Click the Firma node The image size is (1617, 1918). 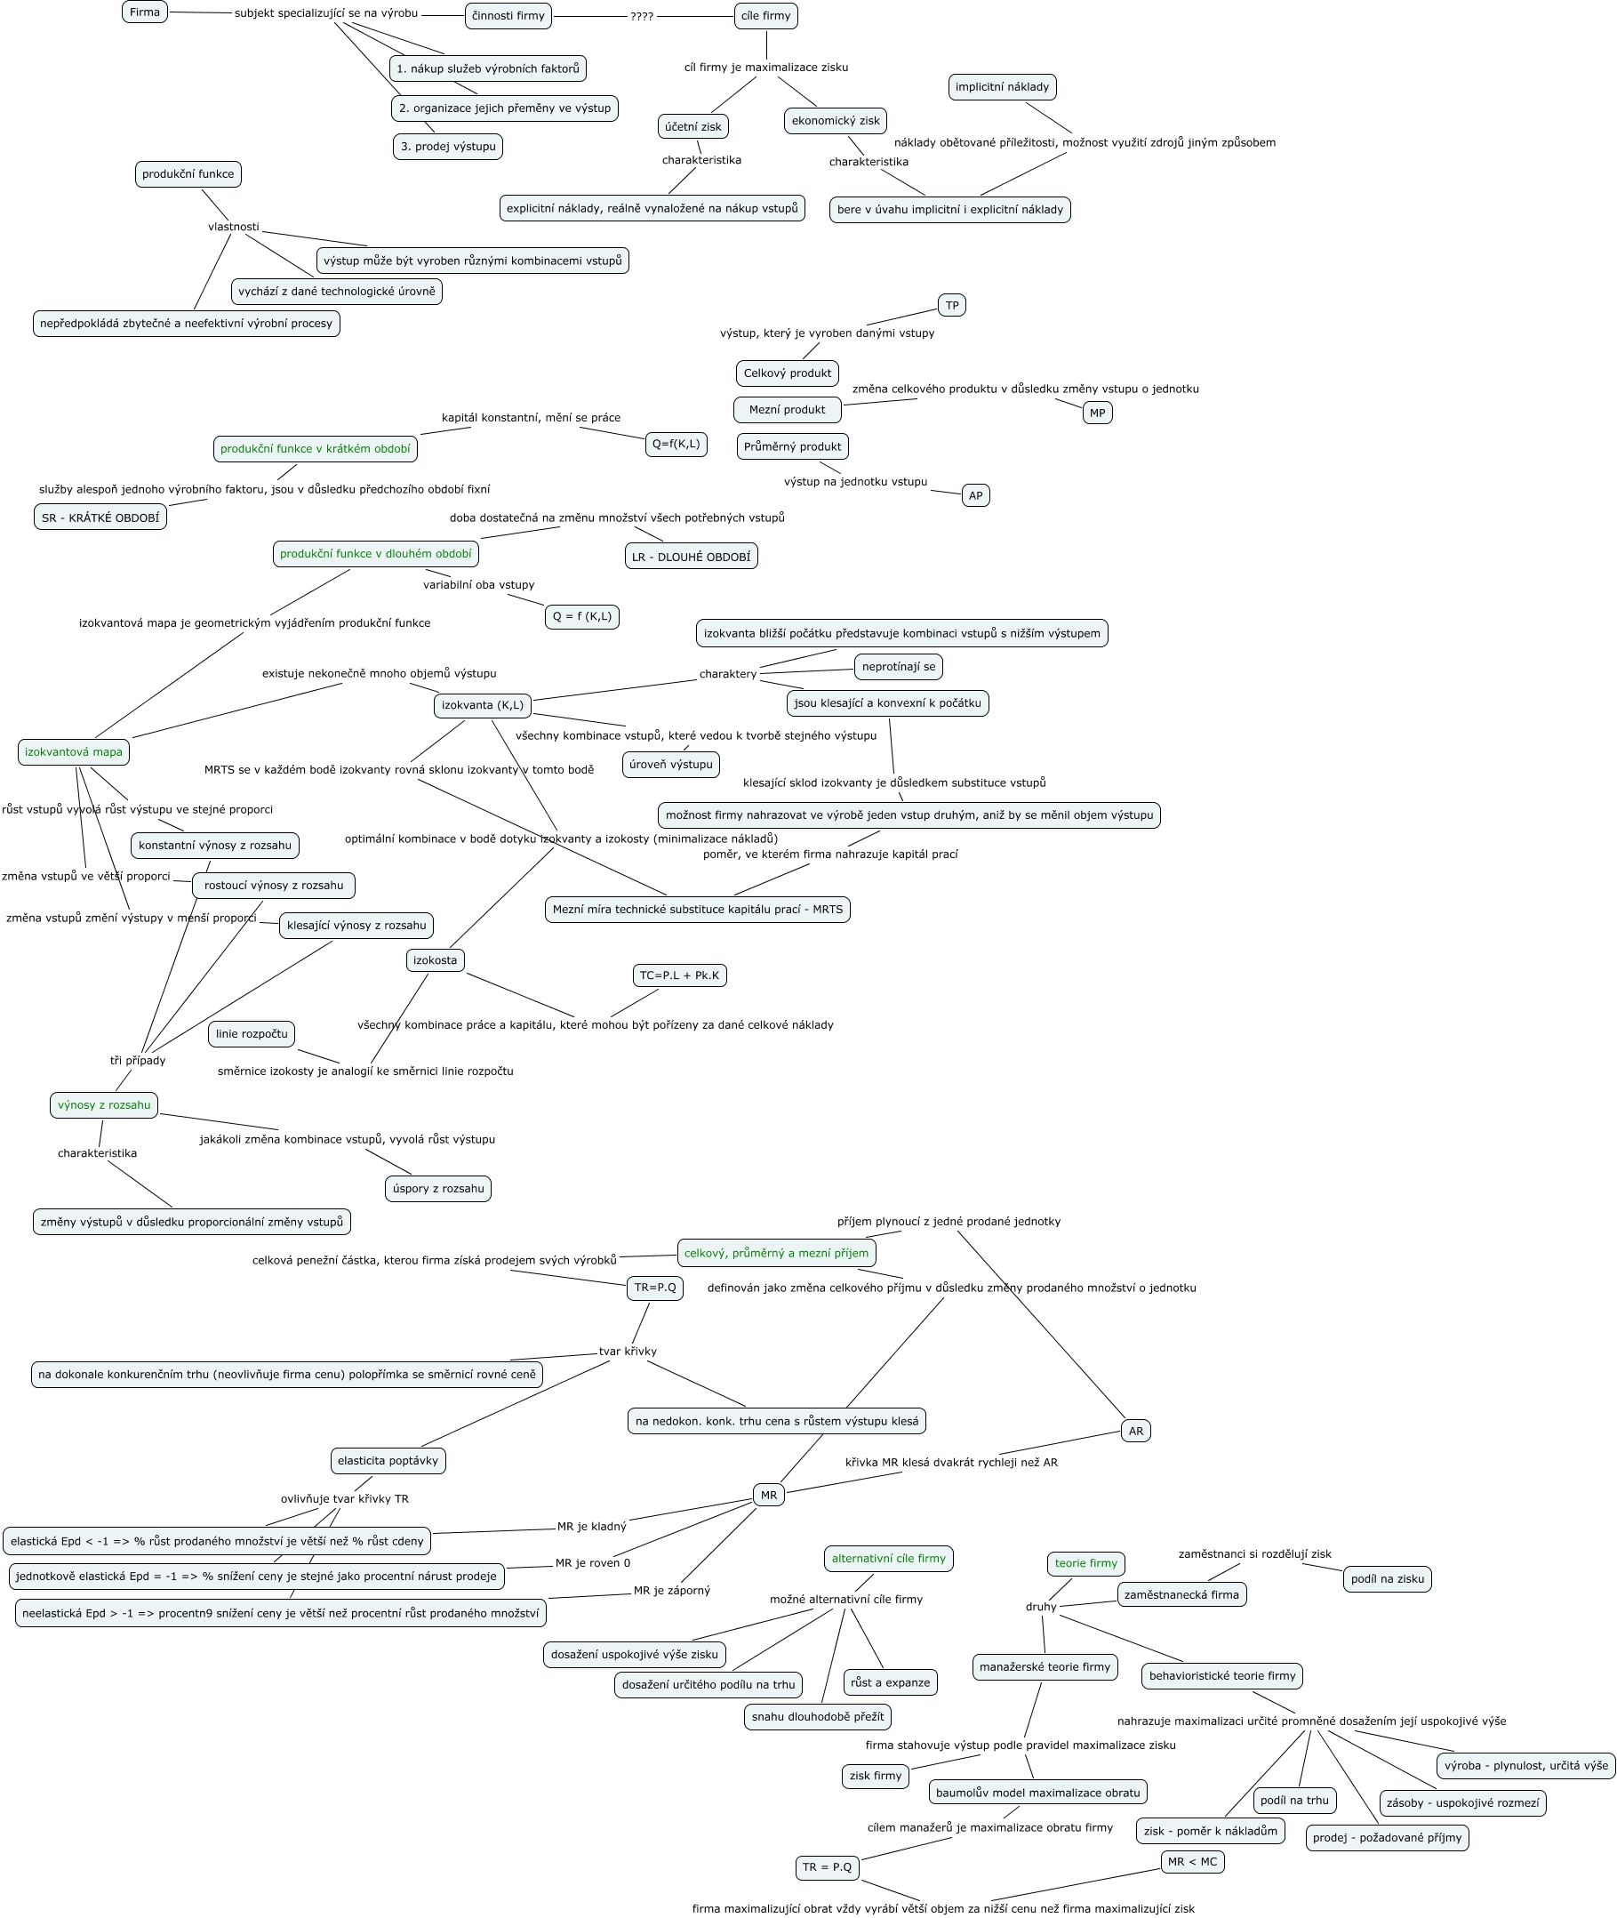(145, 12)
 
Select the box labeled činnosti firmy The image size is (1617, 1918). (508, 16)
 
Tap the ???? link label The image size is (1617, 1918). (642, 17)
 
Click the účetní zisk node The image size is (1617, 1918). (693, 126)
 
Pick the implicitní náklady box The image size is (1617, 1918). (1002, 87)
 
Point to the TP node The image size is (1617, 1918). (951, 305)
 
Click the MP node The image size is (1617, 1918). (1097, 413)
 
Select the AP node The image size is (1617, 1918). (975, 495)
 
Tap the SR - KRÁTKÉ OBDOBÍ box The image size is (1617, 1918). (100, 518)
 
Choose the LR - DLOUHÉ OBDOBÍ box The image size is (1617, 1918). (692, 557)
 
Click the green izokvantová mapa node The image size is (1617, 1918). (73, 751)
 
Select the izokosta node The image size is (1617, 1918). (435, 960)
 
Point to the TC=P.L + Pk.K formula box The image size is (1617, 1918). (679, 975)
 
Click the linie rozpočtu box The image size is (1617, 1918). (252, 1034)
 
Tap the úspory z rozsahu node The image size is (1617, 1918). (438, 1188)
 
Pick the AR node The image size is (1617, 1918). (1136, 1430)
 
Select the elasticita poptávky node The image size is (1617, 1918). (388, 1460)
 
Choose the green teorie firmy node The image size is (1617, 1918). (1085, 1563)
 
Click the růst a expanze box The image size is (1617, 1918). (890, 1682)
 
